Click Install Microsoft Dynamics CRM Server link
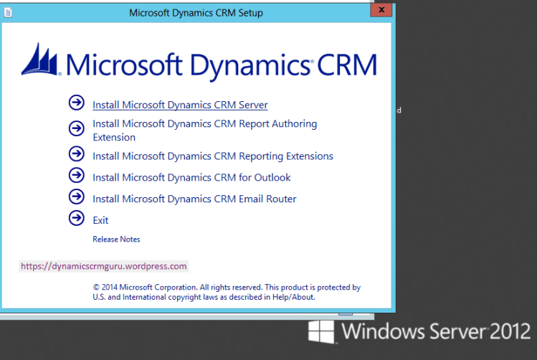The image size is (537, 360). point(180,105)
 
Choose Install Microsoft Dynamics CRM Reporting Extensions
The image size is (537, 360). point(213,156)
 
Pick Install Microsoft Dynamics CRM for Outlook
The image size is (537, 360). point(191,177)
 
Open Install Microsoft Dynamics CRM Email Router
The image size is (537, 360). point(194,199)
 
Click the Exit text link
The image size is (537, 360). point(100,220)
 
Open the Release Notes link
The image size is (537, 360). point(116,239)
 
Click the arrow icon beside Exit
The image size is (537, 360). point(76,218)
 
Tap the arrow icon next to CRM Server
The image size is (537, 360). point(76,103)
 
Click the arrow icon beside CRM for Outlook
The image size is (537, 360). point(76,175)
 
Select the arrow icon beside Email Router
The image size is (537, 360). point(76,196)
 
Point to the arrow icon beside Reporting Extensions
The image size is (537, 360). point(76,153)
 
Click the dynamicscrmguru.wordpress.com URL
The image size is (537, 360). point(104,266)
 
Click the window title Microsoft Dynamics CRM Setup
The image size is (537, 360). point(196,13)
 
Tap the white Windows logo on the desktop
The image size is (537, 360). point(322,331)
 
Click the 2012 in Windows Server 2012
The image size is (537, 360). point(510,332)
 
